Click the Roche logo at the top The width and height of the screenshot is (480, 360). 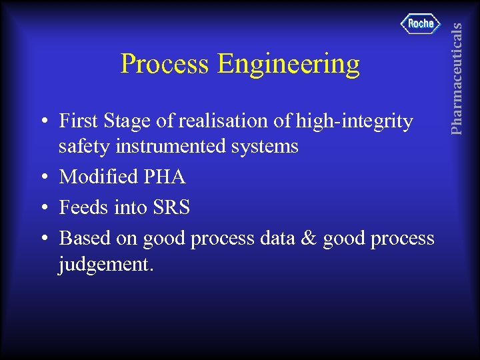tap(421, 24)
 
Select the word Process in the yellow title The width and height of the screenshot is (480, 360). tap(164, 65)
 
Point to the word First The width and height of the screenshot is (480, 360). tap(77, 121)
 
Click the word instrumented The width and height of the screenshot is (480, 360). tap(172, 146)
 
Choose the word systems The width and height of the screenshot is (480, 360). tap(265, 147)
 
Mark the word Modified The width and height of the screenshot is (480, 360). tap(95, 177)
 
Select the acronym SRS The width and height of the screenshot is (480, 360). tap(171, 208)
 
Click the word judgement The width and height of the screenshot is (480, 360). tap(106, 265)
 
